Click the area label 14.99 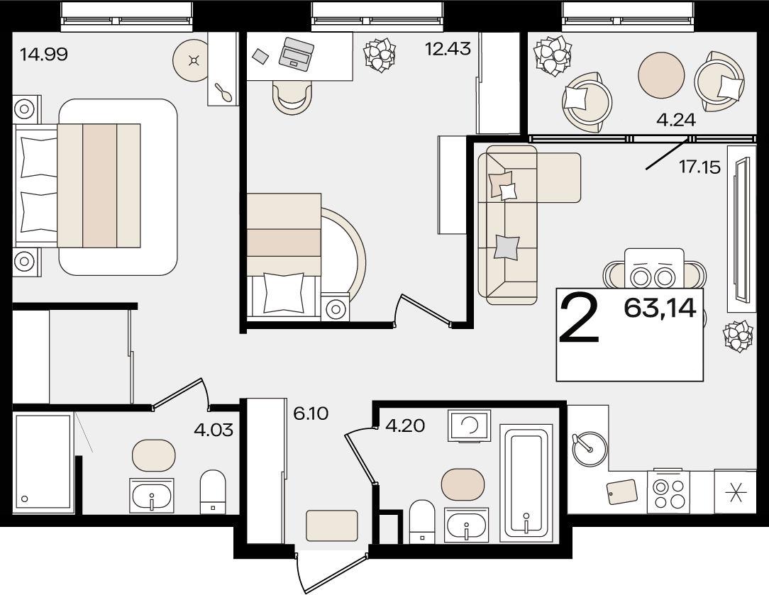[x=44, y=54]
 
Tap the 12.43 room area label [x=448, y=49]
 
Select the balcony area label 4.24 [x=676, y=120]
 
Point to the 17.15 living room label [x=700, y=167]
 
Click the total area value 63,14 [x=660, y=308]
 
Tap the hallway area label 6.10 [x=311, y=413]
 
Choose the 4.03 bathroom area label [x=214, y=430]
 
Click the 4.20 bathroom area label [x=405, y=426]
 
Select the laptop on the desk [x=297, y=54]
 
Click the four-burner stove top [x=668, y=492]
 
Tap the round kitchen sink [x=589, y=448]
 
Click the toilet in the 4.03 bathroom [x=213, y=492]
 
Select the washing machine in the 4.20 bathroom [x=470, y=426]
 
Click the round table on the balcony [x=661, y=75]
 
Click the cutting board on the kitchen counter [x=622, y=491]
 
